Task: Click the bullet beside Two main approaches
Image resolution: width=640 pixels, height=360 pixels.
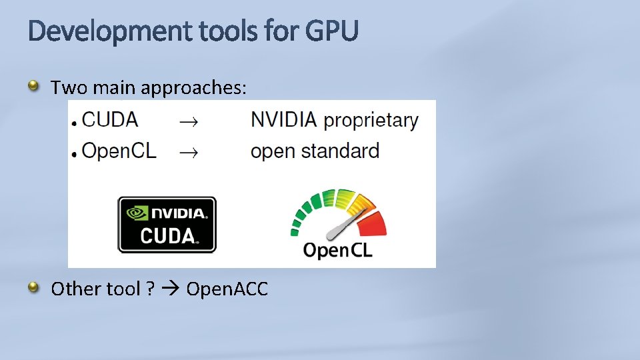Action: click(x=33, y=85)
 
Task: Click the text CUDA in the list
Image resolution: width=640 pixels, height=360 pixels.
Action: click(x=110, y=120)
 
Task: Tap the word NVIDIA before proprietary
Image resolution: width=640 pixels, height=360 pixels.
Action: click(x=283, y=120)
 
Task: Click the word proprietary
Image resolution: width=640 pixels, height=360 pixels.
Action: click(x=371, y=121)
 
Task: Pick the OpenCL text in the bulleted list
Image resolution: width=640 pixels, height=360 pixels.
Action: click(x=119, y=151)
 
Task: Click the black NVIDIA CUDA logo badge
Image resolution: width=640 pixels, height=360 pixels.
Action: click(x=167, y=225)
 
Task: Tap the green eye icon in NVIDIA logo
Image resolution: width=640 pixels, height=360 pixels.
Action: click(x=137, y=213)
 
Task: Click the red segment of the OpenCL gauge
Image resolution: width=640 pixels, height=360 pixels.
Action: click(x=376, y=223)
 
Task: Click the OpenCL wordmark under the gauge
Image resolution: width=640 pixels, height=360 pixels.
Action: click(x=337, y=250)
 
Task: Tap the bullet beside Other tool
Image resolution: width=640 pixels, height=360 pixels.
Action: click(x=33, y=287)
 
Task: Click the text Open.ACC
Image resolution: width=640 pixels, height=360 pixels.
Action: click(x=227, y=289)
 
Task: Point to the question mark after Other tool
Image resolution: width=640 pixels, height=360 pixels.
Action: click(x=151, y=289)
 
